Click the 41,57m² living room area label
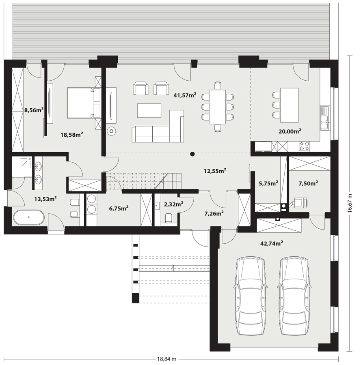[185, 95]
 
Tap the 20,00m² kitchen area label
[290, 131]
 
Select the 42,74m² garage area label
[272, 243]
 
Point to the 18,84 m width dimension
[166, 359]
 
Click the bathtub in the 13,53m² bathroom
[29, 217]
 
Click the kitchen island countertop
[290, 105]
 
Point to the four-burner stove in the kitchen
[305, 146]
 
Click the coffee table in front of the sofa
[149, 111]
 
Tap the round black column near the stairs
[192, 154]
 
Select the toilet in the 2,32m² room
[168, 218]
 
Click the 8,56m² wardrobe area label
[34, 110]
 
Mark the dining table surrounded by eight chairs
[218, 107]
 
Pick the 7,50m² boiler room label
[308, 183]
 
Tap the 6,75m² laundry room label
[119, 208]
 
